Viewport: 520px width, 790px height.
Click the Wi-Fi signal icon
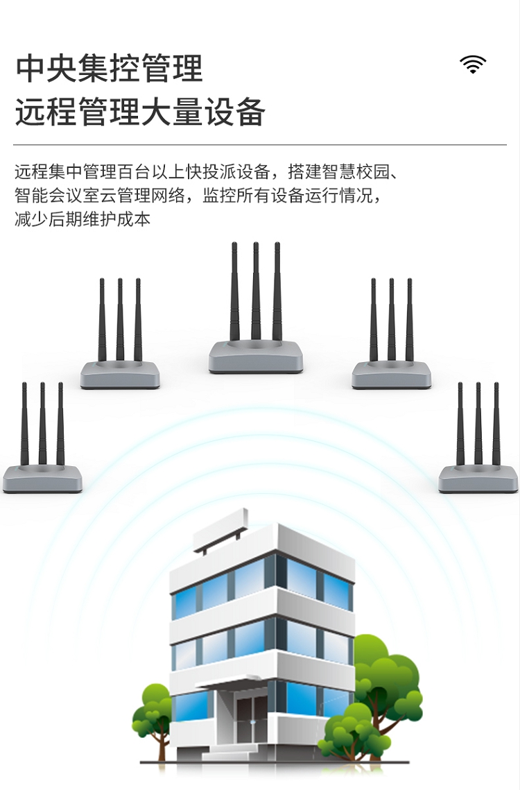(x=473, y=64)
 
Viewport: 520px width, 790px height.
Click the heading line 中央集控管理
(x=110, y=69)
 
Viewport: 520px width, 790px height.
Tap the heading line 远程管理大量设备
(x=140, y=112)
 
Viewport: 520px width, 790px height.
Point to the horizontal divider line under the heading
(x=260, y=144)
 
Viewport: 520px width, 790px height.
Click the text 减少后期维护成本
(x=83, y=219)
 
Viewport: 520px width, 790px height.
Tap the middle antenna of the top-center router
(x=256, y=291)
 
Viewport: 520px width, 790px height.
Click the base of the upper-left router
(x=120, y=375)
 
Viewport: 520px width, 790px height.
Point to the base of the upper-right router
(x=392, y=375)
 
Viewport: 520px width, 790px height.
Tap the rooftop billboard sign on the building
(x=220, y=531)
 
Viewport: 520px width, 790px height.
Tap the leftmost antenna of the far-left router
(x=24, y=424)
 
